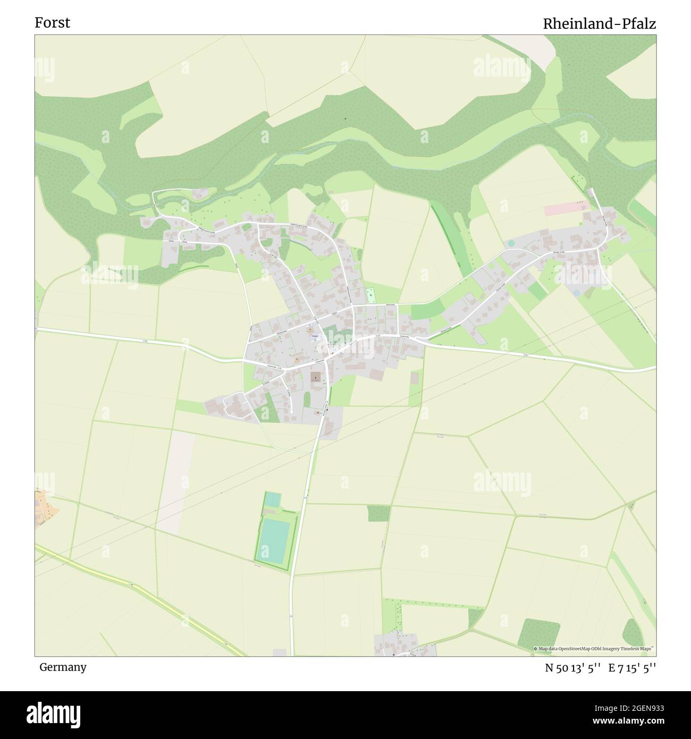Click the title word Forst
click(x=52, y=23)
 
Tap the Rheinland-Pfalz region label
click(x=599, y=24)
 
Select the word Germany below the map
click(x=63, y=667)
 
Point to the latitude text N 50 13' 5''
click(x=572, y=668)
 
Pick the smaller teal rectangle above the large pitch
click(x=272, y=500)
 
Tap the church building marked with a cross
click(x=316, y=376)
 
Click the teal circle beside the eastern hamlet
click(x=511, y=243)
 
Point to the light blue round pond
click(x=576, y=292)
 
